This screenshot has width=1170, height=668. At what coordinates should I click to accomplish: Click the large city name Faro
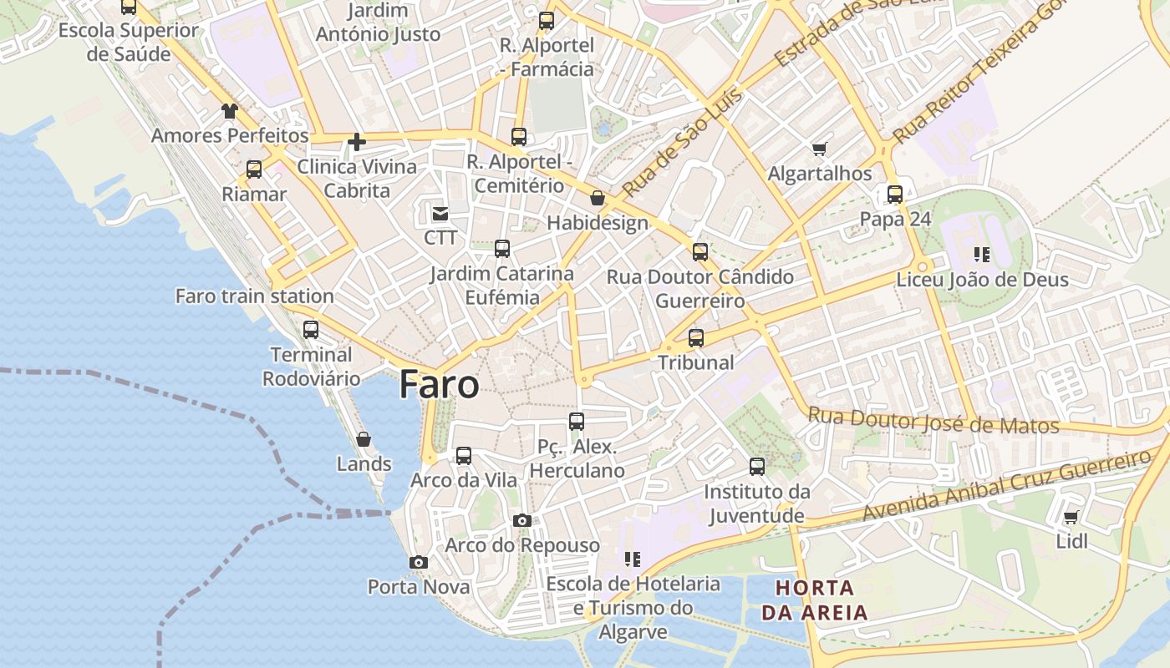pyautogui.click(x=439, y=385)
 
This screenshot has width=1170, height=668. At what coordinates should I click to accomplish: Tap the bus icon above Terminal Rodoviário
pyautogui.click(x=311, y=330)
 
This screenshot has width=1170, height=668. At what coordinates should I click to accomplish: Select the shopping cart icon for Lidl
pyautogui.click(x=1071, y=517)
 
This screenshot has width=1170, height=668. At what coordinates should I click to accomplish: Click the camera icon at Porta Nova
pyautogui.click(x=419, y=563)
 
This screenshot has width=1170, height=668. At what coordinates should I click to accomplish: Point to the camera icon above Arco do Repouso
pyautogui.click(x=522, y=521)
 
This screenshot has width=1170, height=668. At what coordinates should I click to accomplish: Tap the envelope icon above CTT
pyautogui.click(x=440, y=214)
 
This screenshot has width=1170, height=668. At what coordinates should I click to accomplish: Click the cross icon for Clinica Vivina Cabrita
pyautogui.click(x=357, y=142)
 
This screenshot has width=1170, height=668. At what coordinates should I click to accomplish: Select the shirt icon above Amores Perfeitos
pyautogui.click(x=230, y=111)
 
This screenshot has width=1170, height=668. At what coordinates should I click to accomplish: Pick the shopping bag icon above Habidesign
pyautogui.click(x=598, y=198)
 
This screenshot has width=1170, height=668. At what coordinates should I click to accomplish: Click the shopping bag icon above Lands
pyautogui.click(x=364, y=439)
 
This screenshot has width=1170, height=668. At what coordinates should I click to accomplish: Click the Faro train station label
pyautogui.click(x=254, y=296)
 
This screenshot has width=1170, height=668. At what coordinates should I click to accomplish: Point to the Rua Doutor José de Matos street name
pyautogui.click(x=933, y=421)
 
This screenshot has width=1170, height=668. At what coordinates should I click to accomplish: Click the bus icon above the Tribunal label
pyautogui.click(x=696, y=338)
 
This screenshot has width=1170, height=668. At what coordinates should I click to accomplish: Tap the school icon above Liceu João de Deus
pyautogui.click(x=982, y=254)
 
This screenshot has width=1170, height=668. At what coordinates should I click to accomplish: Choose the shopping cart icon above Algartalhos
pyautogui.click(x=819, y=149)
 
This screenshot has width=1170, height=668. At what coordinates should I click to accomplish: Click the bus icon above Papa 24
pyautogui.click(x=895, y=195)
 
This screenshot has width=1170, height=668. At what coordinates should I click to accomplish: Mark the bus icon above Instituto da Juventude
pyautogui.click(x=757, y=467)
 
